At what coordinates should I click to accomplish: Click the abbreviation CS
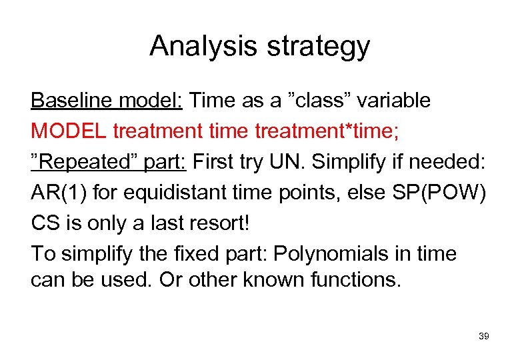tap(45, 223)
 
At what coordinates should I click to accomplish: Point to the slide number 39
tap(484, 337)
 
